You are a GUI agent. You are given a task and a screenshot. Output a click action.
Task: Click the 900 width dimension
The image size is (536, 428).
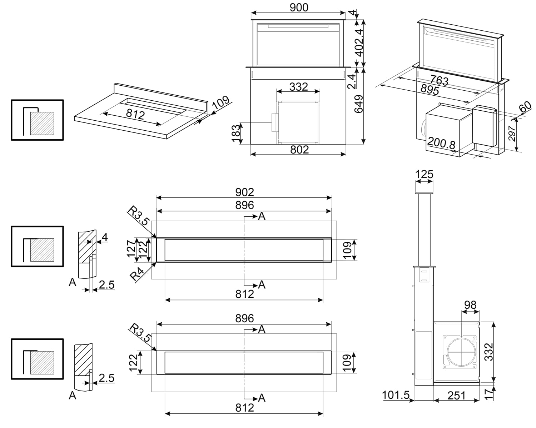[x=299, y=7]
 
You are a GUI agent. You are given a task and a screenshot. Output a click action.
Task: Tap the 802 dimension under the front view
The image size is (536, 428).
[x=299, y=149]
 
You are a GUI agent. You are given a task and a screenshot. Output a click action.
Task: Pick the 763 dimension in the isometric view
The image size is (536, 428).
[x=439, y=80]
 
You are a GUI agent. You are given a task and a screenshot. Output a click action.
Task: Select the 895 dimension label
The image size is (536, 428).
[x=430, y=90]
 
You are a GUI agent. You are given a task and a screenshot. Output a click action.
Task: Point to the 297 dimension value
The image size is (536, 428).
[x=512, y=134]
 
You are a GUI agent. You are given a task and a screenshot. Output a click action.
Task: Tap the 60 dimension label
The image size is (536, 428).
[x=525, y=107]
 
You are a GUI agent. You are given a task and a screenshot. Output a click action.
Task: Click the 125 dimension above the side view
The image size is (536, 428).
[x=424, y=174]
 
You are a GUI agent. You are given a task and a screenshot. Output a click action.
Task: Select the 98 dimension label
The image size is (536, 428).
[x=470, y=305]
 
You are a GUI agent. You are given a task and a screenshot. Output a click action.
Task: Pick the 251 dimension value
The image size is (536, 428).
[x=457, y=395]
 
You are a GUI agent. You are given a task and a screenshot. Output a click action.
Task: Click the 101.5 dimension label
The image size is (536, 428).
[x=396, y=395]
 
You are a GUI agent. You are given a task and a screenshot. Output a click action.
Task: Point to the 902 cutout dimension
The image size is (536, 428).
[x=244, y=192]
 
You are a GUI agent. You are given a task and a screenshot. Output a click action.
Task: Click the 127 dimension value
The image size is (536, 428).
[x=131, y=249]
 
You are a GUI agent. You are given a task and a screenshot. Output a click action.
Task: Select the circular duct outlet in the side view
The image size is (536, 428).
[x=461, y=351]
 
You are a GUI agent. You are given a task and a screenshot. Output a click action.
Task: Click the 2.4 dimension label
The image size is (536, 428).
[x=352, y=81]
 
